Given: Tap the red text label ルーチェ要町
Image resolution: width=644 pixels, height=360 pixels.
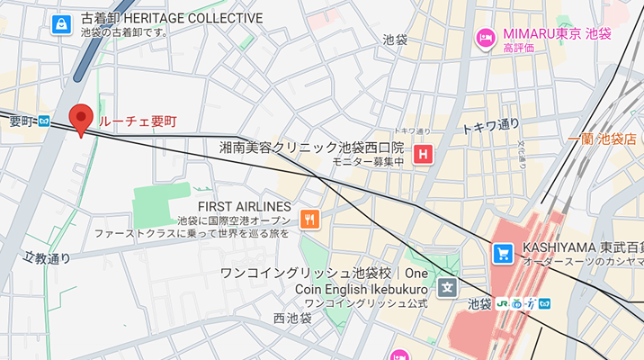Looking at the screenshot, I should click(x=139, y=120).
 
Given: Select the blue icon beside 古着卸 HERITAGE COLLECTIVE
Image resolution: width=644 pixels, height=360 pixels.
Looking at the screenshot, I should click(x=61, y=24).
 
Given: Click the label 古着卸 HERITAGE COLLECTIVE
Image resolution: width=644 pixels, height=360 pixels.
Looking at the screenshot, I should click(x=172, y=18).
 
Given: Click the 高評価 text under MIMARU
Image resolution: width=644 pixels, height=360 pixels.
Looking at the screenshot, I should click(x=520, y=48).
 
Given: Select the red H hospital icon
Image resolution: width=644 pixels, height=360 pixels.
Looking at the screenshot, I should click(x=423, y=156).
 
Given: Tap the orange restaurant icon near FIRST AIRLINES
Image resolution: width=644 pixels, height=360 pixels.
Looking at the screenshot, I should click(x=309, y=219).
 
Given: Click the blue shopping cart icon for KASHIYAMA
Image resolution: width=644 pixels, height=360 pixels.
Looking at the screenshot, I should click(x=503, y=254).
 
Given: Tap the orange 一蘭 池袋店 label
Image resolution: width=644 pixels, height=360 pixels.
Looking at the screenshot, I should click(x=603, y=139).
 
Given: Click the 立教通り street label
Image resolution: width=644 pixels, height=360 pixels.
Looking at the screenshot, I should click(x=47, y=259).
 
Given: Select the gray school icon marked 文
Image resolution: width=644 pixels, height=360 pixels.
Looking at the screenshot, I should click(x=447, y=288).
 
